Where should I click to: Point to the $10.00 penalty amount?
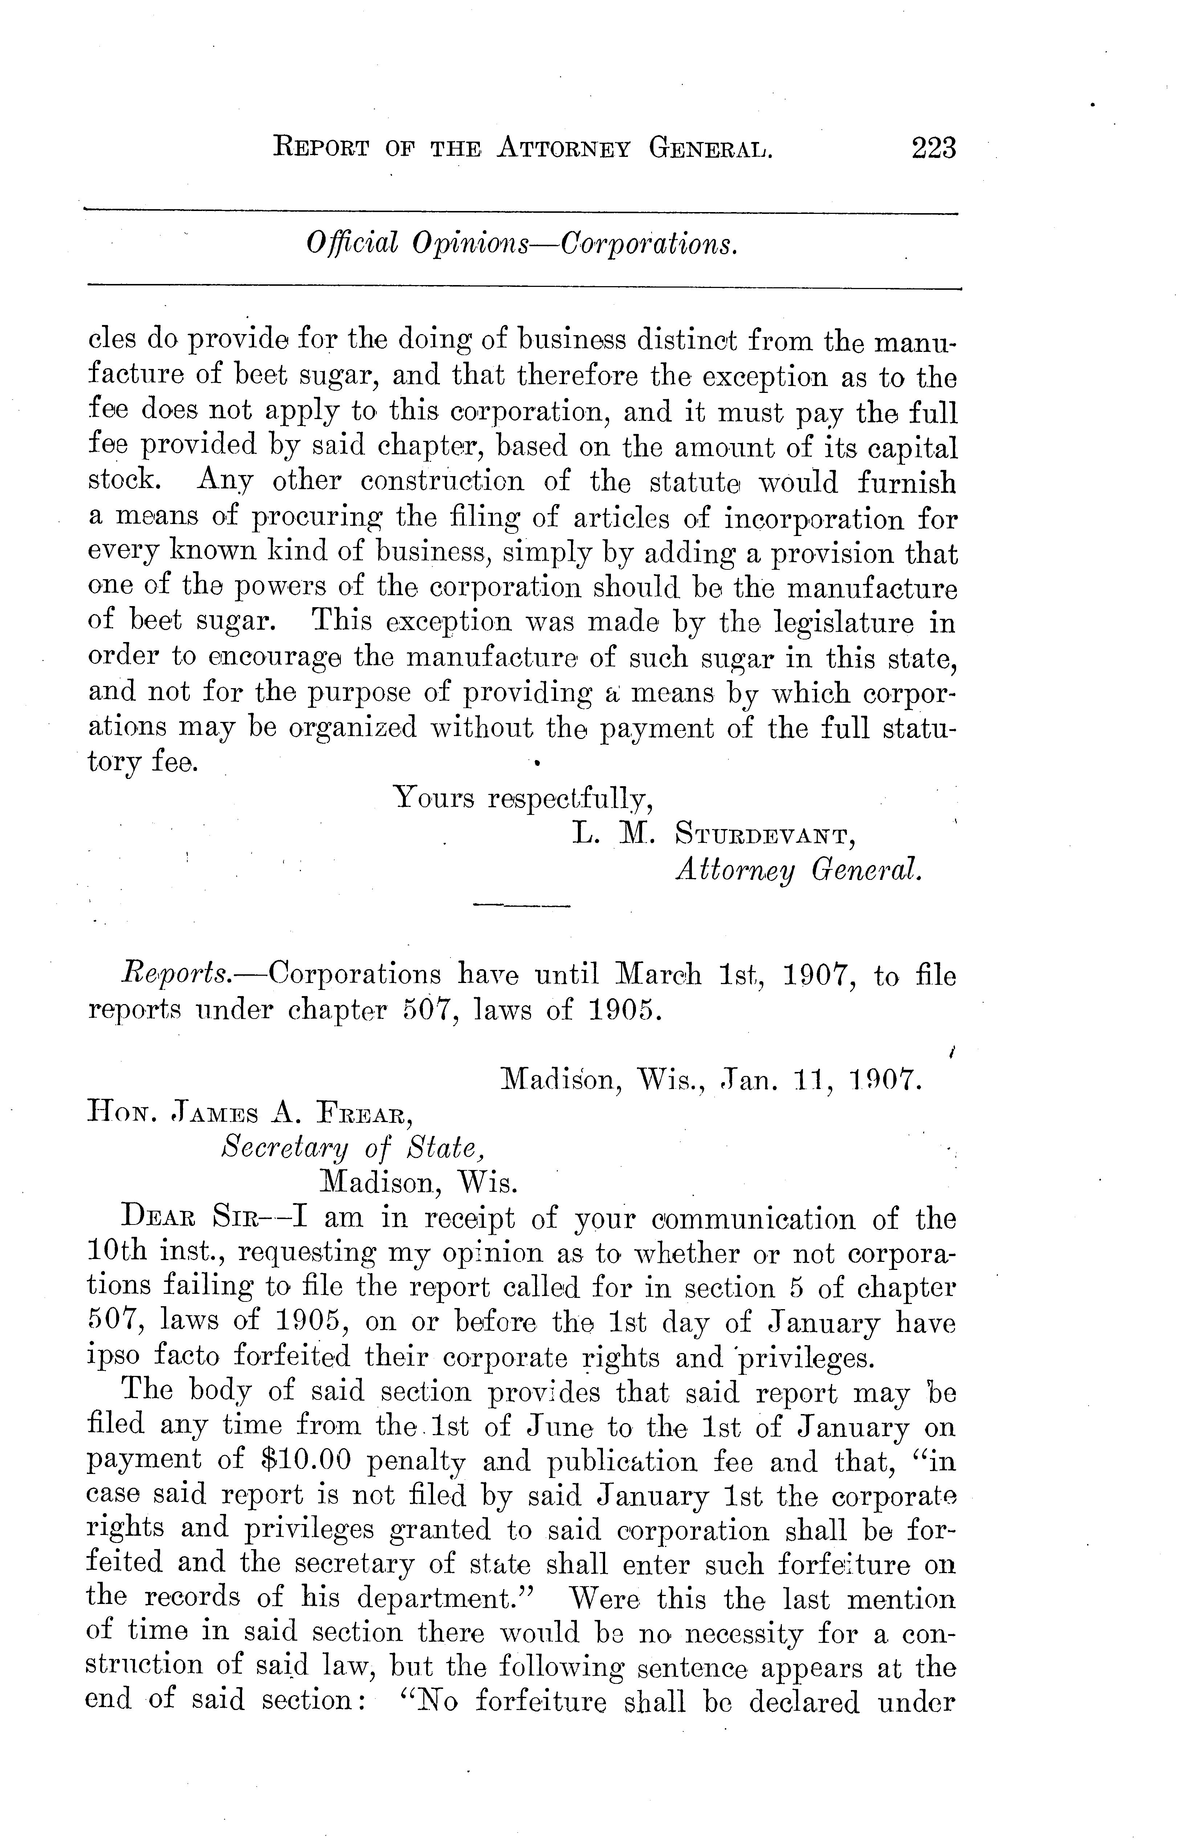pyautogui.click(x=306, y=1461)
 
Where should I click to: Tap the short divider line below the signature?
pyautogui.click(x=522, y=907)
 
